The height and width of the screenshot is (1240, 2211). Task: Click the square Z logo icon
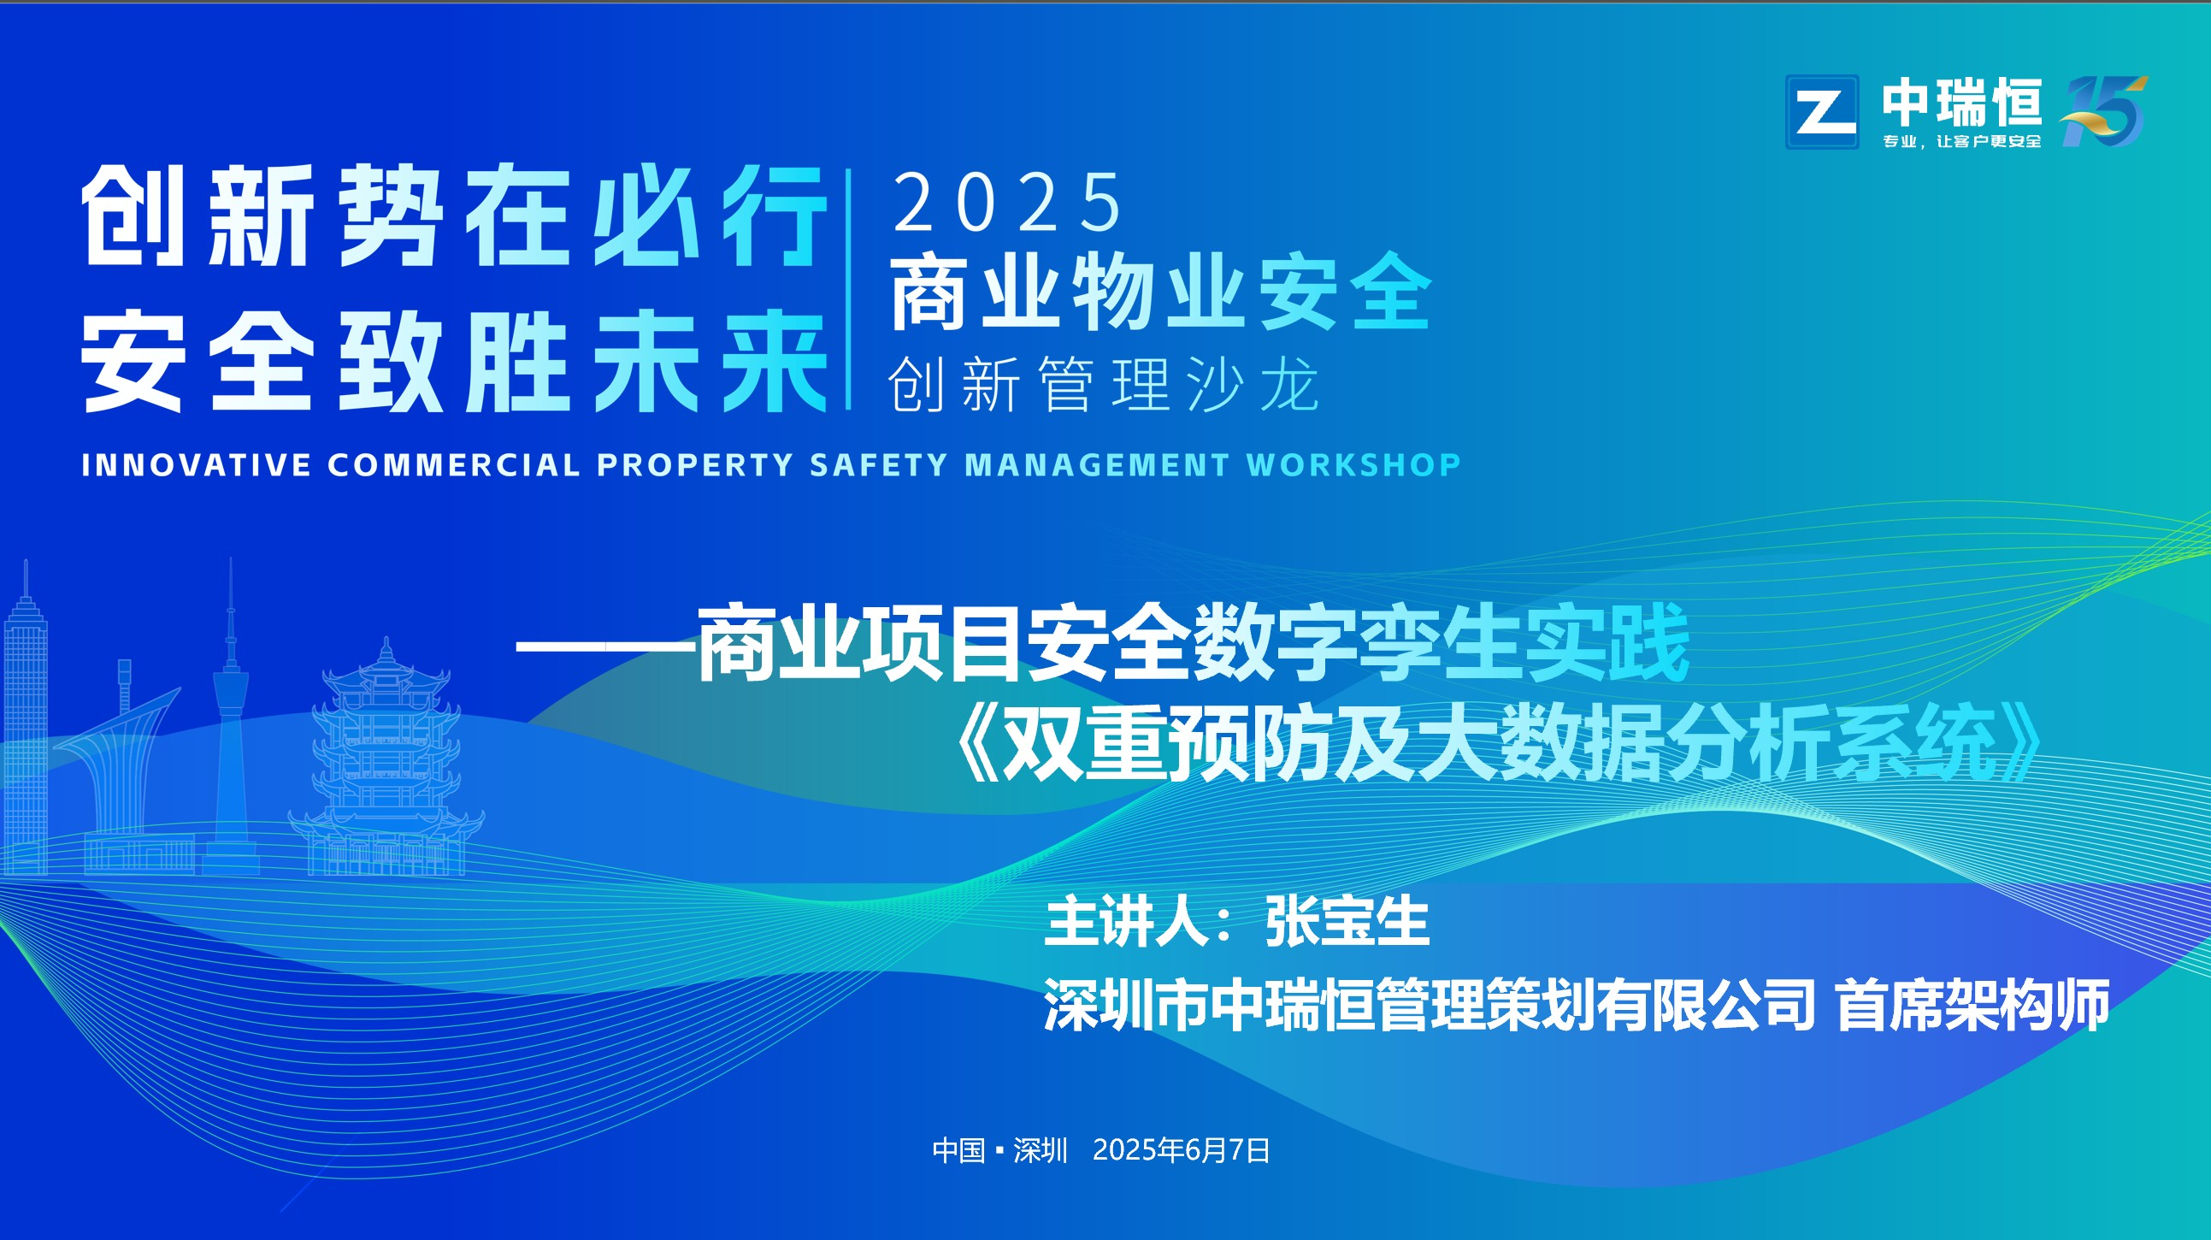coord(1822,112)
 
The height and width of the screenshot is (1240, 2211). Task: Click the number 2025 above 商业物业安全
coord(1007,202)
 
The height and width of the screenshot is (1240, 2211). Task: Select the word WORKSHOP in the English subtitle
coord(1353,464)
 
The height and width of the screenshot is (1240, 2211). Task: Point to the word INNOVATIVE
coord(197,464)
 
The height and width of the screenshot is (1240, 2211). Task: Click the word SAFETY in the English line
coord(878,464)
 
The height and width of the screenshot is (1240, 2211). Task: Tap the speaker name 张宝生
coord(1347,920)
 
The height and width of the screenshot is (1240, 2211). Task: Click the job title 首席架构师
coord(1972,1004)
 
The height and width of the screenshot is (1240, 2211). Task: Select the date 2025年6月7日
coord(1181,1150)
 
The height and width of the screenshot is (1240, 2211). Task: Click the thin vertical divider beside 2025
coord(848,288)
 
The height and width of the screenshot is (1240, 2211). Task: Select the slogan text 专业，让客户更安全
coord(1962,141)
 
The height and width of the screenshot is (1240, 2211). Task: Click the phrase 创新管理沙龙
coord(1104,384)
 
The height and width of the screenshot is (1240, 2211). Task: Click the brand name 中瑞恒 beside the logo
coord(1962,102)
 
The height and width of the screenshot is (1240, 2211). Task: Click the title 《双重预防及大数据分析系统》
coord(1500,743)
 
